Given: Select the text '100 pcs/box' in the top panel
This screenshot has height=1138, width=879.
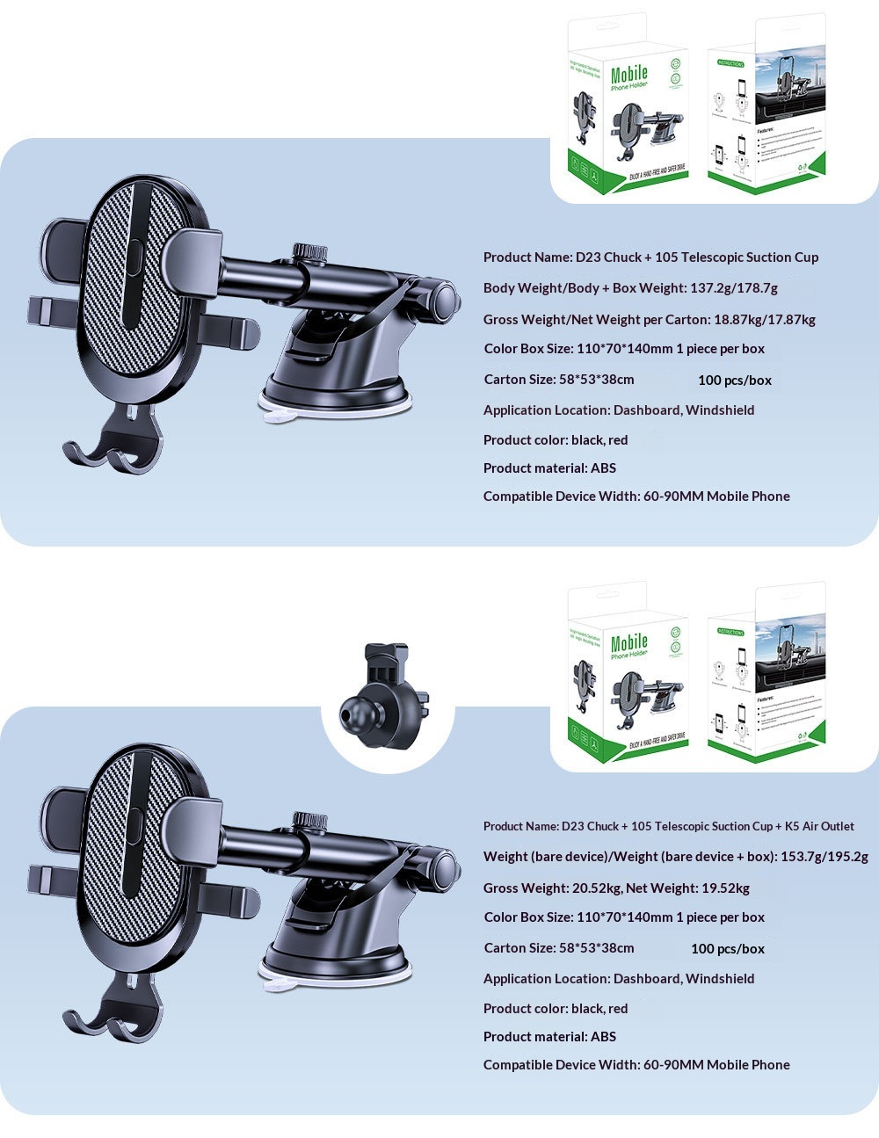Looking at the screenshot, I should click(734, 381).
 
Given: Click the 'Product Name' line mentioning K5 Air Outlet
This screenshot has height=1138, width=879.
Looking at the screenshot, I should click(668, 826).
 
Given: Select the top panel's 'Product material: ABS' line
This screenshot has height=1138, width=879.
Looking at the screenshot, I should click(549, 468).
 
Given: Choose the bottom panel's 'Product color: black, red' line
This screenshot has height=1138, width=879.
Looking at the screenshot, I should click(556, 1009).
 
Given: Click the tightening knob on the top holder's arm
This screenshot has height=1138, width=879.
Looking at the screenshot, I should click(310, 251).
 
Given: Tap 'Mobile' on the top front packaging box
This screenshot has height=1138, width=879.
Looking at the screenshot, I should click(628, 75).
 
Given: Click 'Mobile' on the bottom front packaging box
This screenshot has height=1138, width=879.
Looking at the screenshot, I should click(628, 643).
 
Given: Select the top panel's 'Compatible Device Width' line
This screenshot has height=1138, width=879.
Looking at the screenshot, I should click(636, 497).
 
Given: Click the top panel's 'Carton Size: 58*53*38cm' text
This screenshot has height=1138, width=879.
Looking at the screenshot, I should click(558, 380).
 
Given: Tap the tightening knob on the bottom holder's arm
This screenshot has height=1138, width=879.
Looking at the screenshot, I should click(310, 820).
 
